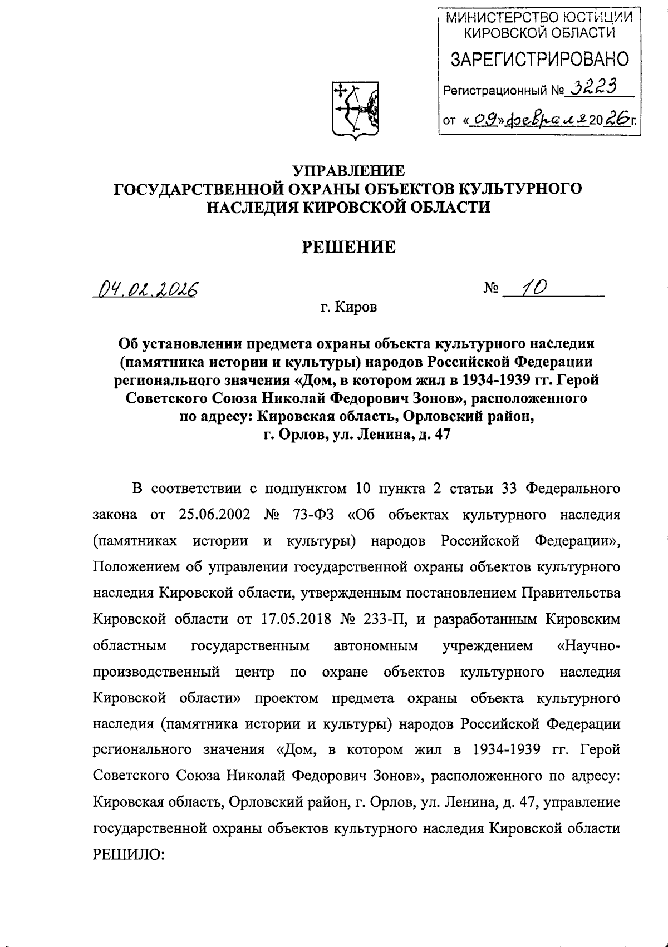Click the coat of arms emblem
click(x=355, y=109)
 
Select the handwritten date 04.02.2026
click(x=149, y=289)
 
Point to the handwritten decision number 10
click(x=534, y=287)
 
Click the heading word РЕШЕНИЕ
click(x=348, y=247)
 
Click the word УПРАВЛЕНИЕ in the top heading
click(x=348, y=170)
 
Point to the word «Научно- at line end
click(x=589, y=645)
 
